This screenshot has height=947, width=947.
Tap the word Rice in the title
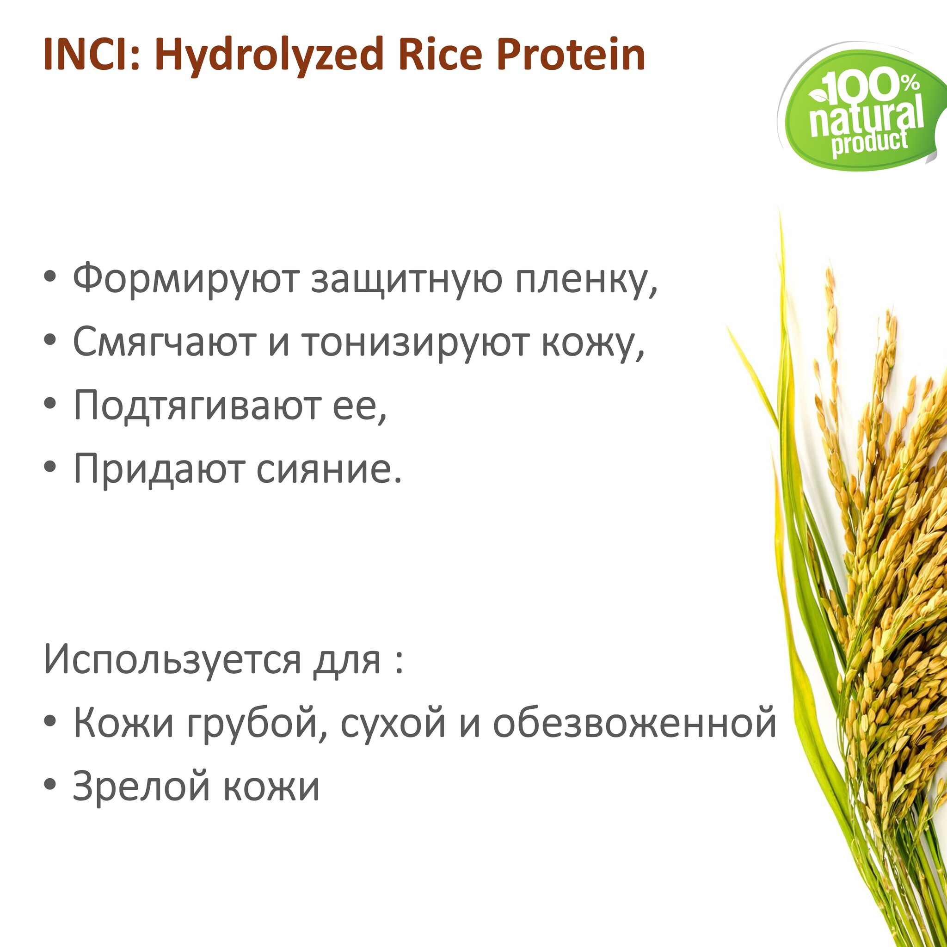(x=440, y=55)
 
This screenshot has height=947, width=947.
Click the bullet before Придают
(x=50, y=469)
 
